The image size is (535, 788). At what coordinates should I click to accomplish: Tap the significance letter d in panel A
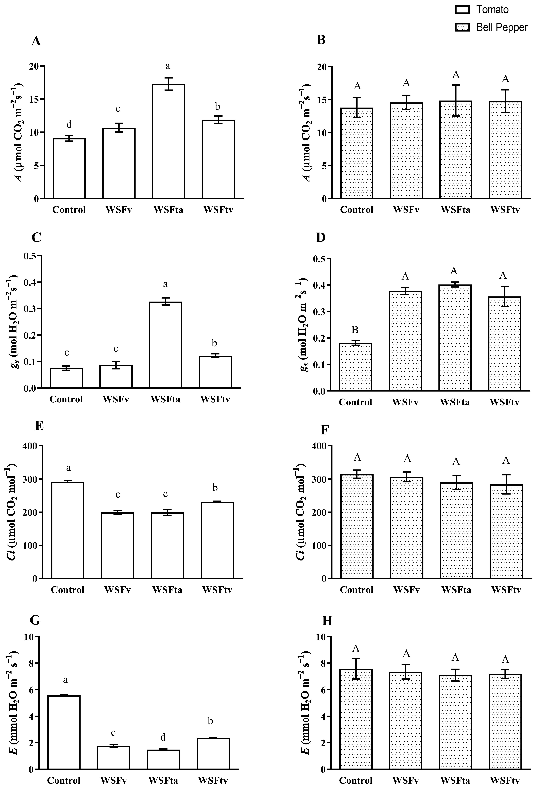click(69, 124)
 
